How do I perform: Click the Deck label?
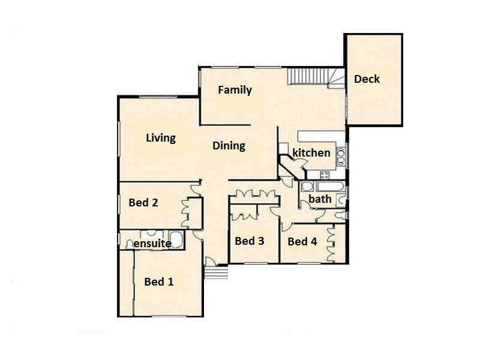tap(367, 79)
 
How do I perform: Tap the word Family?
tap(235, 91)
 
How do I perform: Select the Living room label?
tap(161, 138)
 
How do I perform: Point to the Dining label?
tap(229, 146)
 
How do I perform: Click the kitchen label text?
tap(311, 153)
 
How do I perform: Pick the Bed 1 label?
tap(159, 281)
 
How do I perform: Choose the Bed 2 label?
tap(143, 203)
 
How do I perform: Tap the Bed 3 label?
tap(250, 241)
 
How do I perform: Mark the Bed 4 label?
tap(302, 242)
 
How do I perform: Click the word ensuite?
tap(152, 244)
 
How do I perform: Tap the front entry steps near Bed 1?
tap(217, 273)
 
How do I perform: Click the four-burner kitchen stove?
tap(325, 175)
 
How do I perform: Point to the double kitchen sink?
tap(340, 156)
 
